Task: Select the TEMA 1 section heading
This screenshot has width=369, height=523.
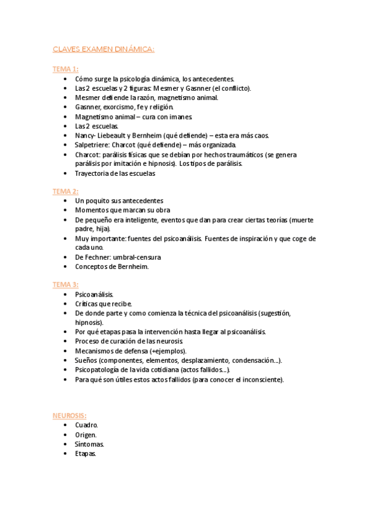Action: (x=65, y=69)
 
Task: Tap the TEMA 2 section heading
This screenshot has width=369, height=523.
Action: (x=65, y=191)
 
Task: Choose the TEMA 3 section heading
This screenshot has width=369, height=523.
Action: (x=65, y=284)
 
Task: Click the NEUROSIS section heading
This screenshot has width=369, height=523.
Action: (x=69, y=415)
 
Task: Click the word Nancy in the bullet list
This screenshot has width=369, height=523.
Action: (x=84, y=135)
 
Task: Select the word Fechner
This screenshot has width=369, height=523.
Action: (x=97, y=257)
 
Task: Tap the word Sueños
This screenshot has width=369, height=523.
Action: (x=86, y=360)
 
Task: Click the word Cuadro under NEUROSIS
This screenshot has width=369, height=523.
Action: (x=86, y=426)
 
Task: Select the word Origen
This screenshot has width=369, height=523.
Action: (x=86, y=435)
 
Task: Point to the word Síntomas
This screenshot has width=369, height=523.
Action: (x=89, y=444)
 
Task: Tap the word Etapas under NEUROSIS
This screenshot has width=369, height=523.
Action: (x=86, y=453)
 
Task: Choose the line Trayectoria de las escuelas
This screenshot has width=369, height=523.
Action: (x=115, y=173)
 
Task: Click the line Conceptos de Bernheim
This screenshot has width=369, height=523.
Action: (x=112, y=266)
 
